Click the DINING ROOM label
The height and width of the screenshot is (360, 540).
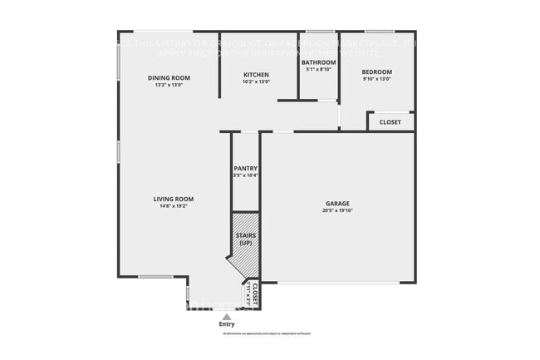point(169,78)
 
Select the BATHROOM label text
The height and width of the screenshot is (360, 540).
point(318,62)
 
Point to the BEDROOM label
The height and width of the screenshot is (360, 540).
point(376,72)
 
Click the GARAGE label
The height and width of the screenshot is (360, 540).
point(337,204)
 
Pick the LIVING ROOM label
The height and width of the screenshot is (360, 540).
point(173,199)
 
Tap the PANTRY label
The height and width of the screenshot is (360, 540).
point(245,169)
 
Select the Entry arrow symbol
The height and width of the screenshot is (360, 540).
point(226,315)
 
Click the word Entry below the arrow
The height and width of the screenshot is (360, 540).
point(226,323)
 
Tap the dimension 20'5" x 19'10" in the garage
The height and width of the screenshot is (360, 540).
point(337,211)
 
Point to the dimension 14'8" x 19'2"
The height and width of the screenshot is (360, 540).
point(173,206)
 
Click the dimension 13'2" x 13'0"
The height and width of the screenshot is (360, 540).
point(169,85)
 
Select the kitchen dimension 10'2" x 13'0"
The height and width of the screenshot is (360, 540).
point(256,81)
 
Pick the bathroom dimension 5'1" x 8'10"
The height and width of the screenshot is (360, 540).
point(318,70)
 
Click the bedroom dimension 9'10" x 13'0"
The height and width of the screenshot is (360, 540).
point(376,80)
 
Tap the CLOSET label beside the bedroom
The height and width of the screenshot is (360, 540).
point(390,122)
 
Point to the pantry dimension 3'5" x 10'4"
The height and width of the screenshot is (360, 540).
point(245,175)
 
